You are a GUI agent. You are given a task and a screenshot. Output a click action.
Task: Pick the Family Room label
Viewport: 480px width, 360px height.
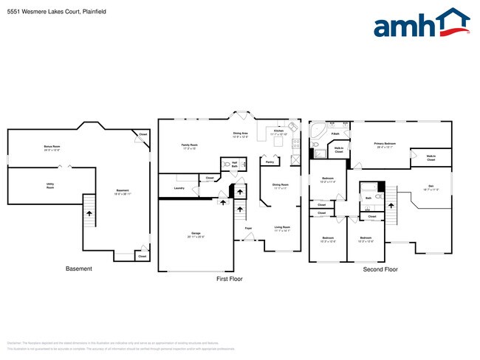pyautogui.click(x=190, y=146)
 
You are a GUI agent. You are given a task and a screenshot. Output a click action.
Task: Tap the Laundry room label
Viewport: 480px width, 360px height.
pyautogui.click(x=179, y=188)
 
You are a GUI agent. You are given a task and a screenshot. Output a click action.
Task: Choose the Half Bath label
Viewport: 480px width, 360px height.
pyautogui.click(x=234, y=165)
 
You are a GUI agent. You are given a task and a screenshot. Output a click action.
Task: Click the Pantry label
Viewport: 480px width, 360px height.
pyautogui.click(x=270, y=162)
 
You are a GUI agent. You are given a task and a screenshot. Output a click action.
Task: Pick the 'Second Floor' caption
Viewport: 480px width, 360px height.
pyautogui.click(x=380, y=270)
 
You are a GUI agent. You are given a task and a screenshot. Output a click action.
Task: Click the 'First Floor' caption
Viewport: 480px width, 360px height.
pyautogui.click(x=229, y=280)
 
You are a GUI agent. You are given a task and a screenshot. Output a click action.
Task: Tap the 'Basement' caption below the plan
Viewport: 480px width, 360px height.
pyautogui.click(x=78, y=269)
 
